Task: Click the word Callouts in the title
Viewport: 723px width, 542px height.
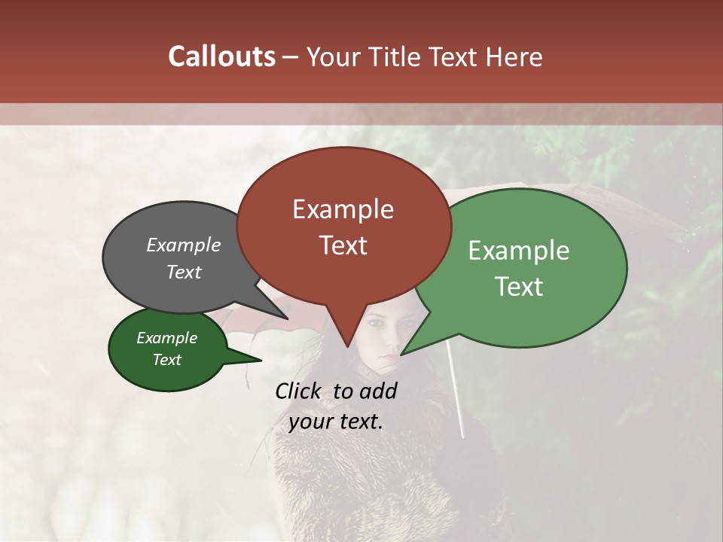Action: point(221,56)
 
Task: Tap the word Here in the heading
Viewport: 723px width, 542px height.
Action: point(513,56)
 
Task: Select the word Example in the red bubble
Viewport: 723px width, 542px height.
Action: point(343,209)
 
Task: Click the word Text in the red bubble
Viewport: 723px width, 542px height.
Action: point(343,245)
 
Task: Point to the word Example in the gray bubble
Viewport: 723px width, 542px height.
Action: point(184,245)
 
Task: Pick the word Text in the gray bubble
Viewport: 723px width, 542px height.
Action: point(184,272)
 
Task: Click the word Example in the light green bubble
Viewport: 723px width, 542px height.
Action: point(519,251)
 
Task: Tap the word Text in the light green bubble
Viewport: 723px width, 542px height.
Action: point(519,287)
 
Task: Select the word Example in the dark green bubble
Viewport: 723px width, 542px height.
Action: point(166,338)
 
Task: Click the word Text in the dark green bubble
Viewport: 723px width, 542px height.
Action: point(166,360)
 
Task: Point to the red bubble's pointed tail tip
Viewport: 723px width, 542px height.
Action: point(347,346)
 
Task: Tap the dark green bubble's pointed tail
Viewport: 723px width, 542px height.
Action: point(259,361)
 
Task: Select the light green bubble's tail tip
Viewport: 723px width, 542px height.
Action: point(401,354)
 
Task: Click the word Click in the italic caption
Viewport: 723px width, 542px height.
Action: point(299,391)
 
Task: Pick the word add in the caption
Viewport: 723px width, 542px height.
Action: point(377,391)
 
